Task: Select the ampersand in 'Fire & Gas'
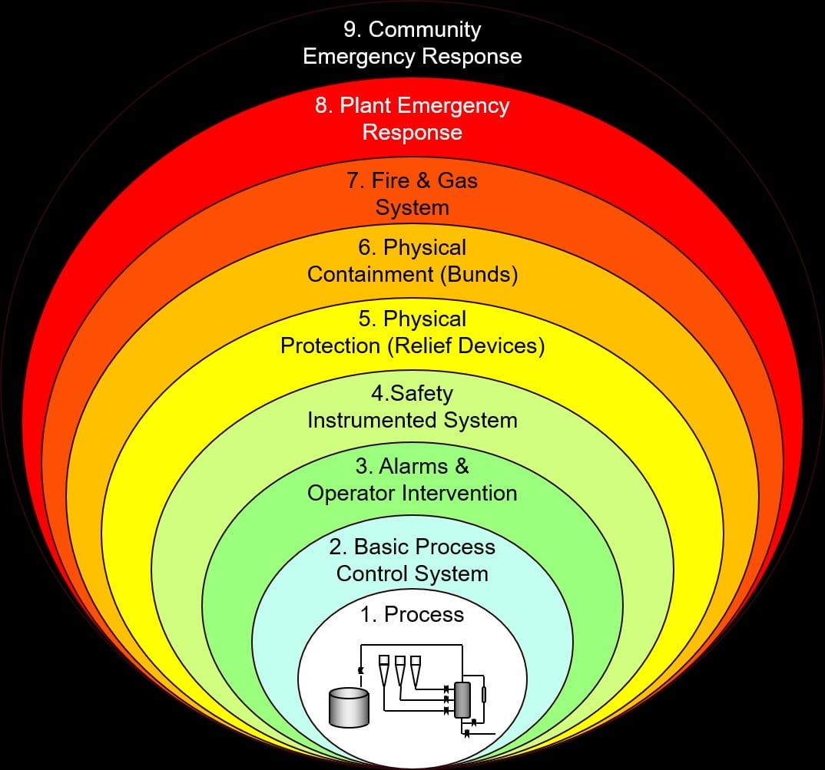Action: [423, 181]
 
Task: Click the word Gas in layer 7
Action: [457, 181]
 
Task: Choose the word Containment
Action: [370, 275]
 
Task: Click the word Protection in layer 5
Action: [330, 346]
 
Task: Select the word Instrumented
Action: [372, 420]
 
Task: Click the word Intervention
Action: [459, 494]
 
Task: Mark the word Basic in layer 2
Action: [377, 547]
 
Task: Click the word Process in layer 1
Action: [424, 614]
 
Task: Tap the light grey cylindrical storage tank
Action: [349, 707]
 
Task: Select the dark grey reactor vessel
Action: [462, 699]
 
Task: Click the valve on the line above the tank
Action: [361, 671]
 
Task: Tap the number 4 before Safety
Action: [377, 393]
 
